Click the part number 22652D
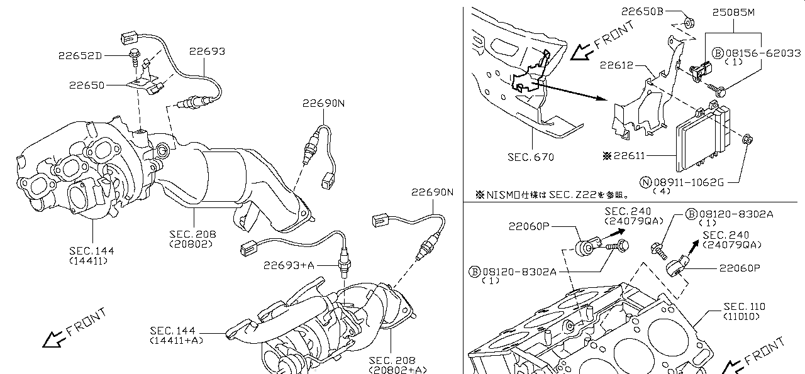(80, 55)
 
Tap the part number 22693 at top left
(206, 52)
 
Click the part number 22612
(616, 65)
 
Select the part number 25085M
(733, 11)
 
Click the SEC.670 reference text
(531, 157)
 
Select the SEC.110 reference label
(743, 306)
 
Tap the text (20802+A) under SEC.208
(393, 370)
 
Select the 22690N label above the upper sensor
(323, 103)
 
